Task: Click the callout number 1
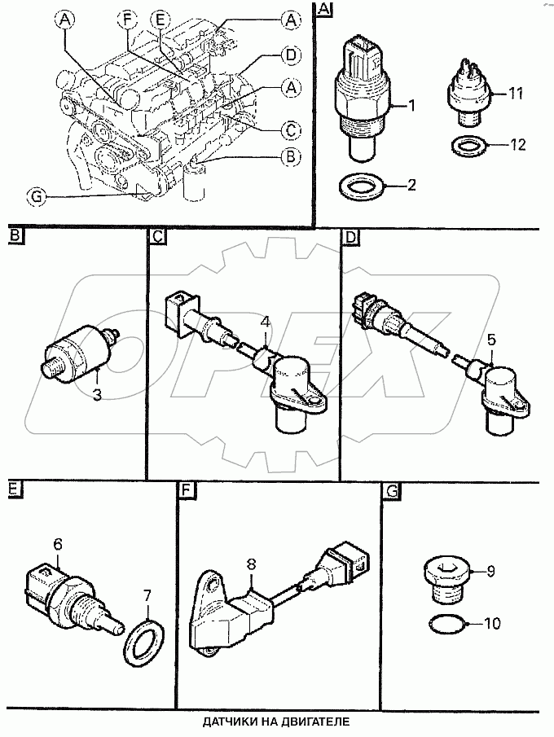(x=412, y=106)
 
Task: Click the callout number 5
(x=491, y=339)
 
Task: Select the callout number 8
(x=251, y=565)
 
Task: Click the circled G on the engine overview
(x=36, y=197)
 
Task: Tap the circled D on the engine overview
(x=291, y=55)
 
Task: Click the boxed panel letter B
(x=15, y=235)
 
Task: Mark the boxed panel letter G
(x=391, y=491)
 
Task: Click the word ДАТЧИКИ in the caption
(x=226, y=721)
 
